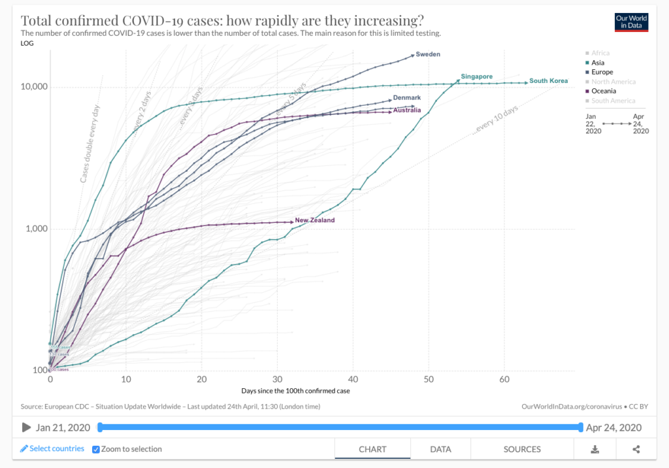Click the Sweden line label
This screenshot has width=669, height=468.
[428, 54]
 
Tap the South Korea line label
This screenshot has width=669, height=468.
[548, 81]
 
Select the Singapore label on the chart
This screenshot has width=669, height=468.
[476, 76]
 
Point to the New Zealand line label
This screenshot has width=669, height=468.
[314, 220]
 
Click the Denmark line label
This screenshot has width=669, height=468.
[406, 97]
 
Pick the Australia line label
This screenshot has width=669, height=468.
[406, 110]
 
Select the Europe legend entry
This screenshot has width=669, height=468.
[601, 72]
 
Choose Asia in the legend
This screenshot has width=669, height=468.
[597, 63]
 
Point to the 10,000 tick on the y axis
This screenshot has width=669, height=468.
[33, 88]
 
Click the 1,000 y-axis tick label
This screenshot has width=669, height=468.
[35, 229]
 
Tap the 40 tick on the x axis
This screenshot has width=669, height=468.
[353, 379]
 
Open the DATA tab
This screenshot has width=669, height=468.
[440, 449]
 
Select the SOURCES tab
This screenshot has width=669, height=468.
[522, 449]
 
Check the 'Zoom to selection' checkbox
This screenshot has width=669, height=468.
[96, 449]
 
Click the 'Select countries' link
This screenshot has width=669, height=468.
[52, 449]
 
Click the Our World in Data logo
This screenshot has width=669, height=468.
[631, 22]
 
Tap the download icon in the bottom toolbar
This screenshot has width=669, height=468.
[595, 449]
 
